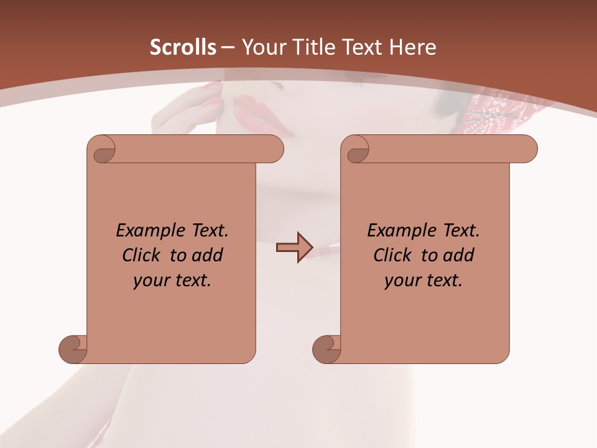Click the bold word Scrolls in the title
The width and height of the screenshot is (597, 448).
pos(183,47)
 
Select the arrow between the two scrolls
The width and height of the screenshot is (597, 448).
pos(294,248)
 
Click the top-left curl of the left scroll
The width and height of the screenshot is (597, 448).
pos(101,149)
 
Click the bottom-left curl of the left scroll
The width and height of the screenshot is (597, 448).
pos(73,349)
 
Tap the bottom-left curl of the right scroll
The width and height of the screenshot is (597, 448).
pos(327,349)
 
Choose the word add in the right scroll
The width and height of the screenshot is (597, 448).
pos(459,255)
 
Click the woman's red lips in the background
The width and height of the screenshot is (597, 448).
pos(256,112)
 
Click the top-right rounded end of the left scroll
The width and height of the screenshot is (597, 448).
pos(272,149)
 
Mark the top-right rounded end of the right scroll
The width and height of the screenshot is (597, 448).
pos(526,149)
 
